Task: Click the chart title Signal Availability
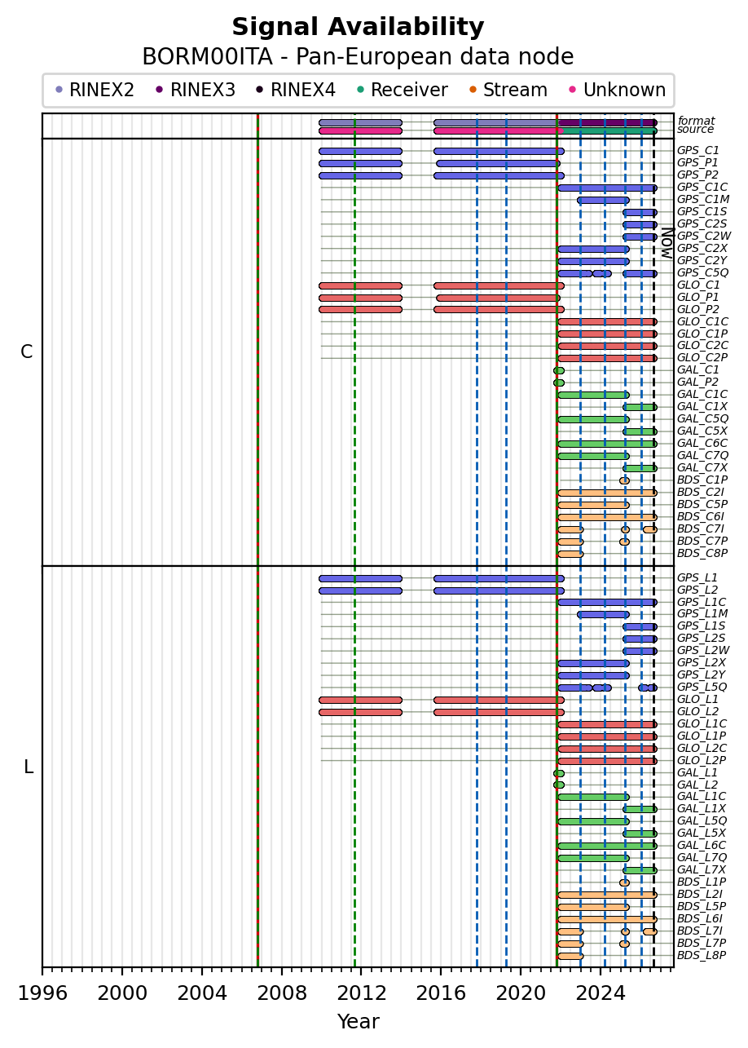(358, 27)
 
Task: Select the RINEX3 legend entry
(196, 90)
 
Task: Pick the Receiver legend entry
(402, 90)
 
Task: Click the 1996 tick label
(42, 993)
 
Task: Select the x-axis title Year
(358, 1022)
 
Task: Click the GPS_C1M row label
(703, 199)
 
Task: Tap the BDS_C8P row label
(702, 553)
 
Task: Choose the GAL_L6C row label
(702, 845)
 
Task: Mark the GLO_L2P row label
(702, 760)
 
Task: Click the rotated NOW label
(667, 243)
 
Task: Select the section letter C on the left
(27, 352)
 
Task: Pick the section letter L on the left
(29, 767)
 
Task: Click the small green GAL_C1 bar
(559, 370)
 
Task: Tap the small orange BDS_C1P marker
(625, 480)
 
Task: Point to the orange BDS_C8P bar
(570, 554)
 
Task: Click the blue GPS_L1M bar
(603, 614)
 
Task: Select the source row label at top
(695, 129)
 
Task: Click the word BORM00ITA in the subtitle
(207, 57)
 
